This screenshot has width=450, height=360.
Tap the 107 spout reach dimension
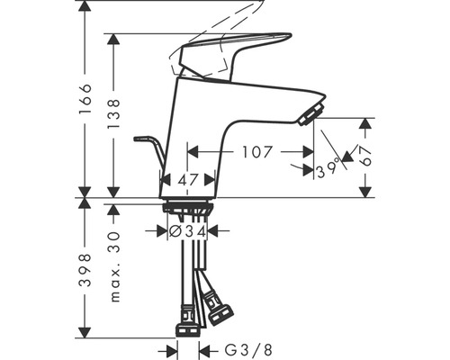click(x=256, y=152)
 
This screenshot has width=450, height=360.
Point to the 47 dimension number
click(x=187, y=180)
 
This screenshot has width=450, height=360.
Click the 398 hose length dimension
click(x=85, y=269)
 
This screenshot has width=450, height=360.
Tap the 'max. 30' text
click(x=112, y=265)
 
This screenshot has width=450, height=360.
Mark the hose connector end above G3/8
click(x=187, y=324)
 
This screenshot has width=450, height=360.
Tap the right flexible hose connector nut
click(x=218, y=312)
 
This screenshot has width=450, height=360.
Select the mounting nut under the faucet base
click(x=188, y=209)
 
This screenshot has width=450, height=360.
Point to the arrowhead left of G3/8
click(x=170, y=349)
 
